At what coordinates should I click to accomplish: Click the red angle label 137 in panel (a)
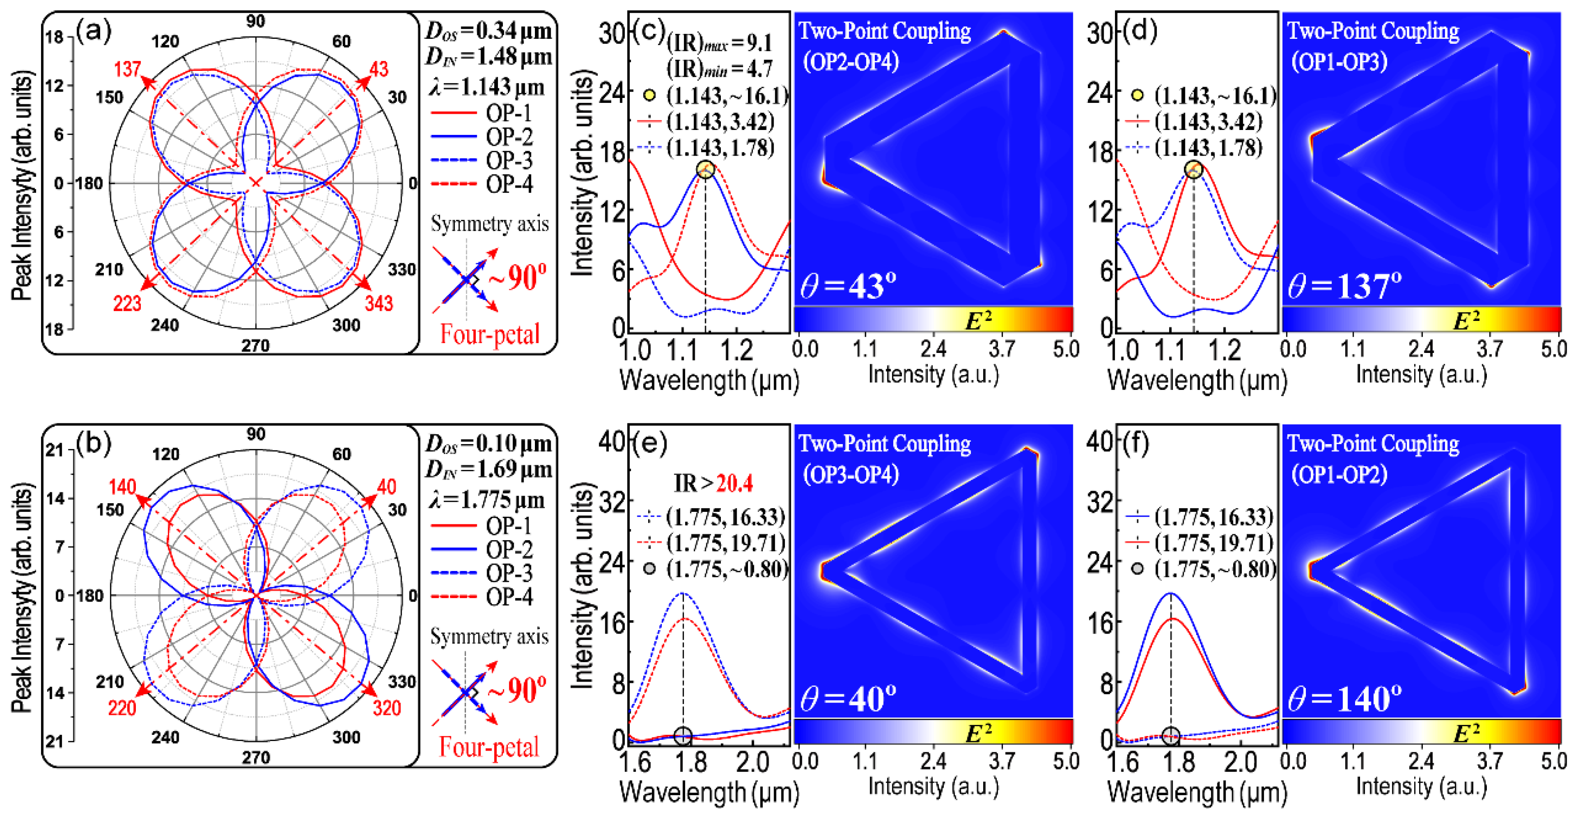(127, 69)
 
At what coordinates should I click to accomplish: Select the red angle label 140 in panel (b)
(122, 487)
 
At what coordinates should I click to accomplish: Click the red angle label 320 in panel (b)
(387, 708)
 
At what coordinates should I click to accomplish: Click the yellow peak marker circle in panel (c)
(705, 169)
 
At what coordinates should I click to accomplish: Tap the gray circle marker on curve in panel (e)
(683, 737)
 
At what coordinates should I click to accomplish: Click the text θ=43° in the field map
(848, 286)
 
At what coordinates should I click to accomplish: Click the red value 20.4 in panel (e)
(734, 484)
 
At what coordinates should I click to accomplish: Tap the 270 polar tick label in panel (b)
(255, 757)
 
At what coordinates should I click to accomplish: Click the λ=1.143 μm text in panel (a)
(487, 88)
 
